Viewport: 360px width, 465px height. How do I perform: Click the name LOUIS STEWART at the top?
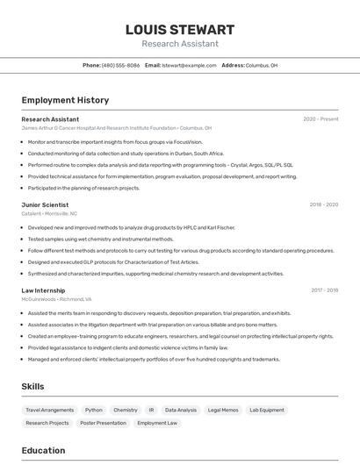coord(180,30)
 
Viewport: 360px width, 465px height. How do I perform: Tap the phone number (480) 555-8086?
coord(120,65)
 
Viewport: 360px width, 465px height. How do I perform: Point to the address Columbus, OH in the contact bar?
coord(262,65)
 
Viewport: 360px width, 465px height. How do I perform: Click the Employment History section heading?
coord(65,100)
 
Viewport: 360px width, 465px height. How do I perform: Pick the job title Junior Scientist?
coord(45,204)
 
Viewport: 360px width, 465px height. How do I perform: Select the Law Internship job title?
coord(43,290)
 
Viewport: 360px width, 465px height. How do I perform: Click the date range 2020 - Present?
coord(320,119)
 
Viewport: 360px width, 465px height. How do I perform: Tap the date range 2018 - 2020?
coord(323,204)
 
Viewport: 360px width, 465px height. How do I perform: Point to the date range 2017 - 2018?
coord(324,290)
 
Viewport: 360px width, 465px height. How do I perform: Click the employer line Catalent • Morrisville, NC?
coord(49,213)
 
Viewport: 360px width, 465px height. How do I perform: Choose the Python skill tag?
coord(94,410)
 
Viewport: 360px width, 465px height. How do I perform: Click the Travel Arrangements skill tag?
coord(49,410)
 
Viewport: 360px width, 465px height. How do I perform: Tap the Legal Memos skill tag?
coord(223,410)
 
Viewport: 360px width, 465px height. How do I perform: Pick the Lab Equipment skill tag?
coord(267,410)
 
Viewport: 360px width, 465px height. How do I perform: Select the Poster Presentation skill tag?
coord(104,423)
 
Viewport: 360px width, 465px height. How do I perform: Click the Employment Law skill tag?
coord(157,423)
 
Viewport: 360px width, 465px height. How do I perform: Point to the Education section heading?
coord(43,450)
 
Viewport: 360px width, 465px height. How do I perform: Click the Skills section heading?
coord(33,386)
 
